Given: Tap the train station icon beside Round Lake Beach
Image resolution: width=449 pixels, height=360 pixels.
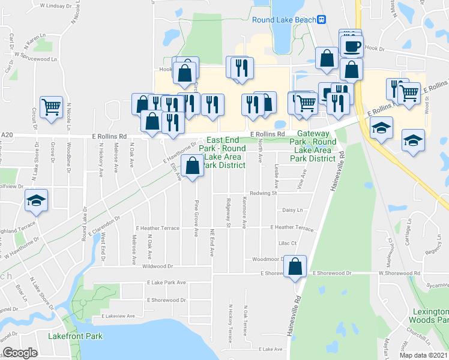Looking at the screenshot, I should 322,19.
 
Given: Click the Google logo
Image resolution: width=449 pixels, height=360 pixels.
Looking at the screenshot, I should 20,353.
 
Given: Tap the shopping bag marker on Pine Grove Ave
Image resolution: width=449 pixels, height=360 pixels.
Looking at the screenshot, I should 193,166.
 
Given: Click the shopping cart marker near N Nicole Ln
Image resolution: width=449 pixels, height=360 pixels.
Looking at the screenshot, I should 52,107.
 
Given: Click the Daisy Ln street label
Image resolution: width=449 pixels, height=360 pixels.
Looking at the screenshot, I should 292,210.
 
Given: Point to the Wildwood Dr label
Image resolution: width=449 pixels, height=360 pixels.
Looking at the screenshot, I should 158,266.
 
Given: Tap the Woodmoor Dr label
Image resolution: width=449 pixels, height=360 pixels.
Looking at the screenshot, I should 267,259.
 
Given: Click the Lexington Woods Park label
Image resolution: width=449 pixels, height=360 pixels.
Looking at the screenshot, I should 429,316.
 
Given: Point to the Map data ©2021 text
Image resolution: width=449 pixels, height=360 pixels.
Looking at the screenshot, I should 423,355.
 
